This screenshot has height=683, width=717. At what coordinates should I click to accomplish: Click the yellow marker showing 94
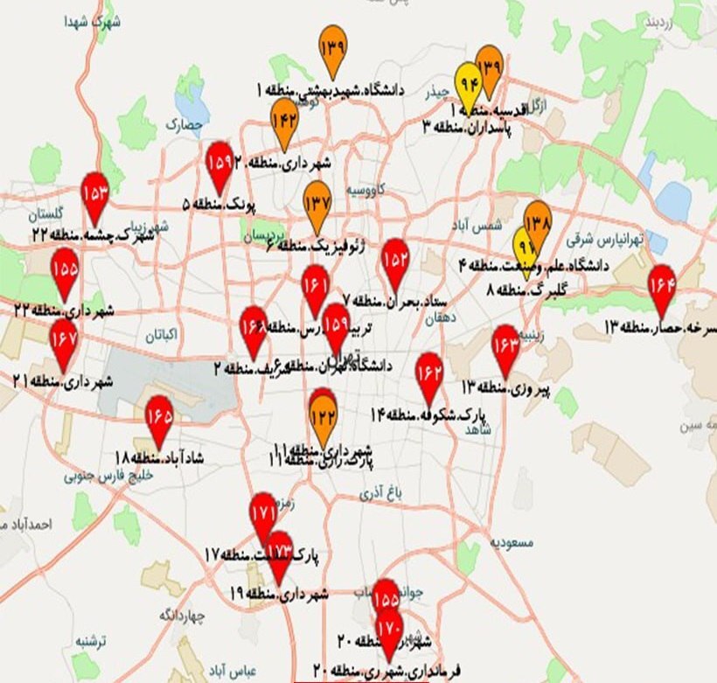[x=466, y=85]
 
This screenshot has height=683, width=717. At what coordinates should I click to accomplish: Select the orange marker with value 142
[x=284, y=121]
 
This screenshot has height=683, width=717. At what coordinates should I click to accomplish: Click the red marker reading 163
[x=505, y=346]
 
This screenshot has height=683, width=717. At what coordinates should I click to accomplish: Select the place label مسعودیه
[x=512, y=542]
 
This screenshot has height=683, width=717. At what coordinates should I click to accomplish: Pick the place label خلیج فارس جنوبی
[x=108, y=477]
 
